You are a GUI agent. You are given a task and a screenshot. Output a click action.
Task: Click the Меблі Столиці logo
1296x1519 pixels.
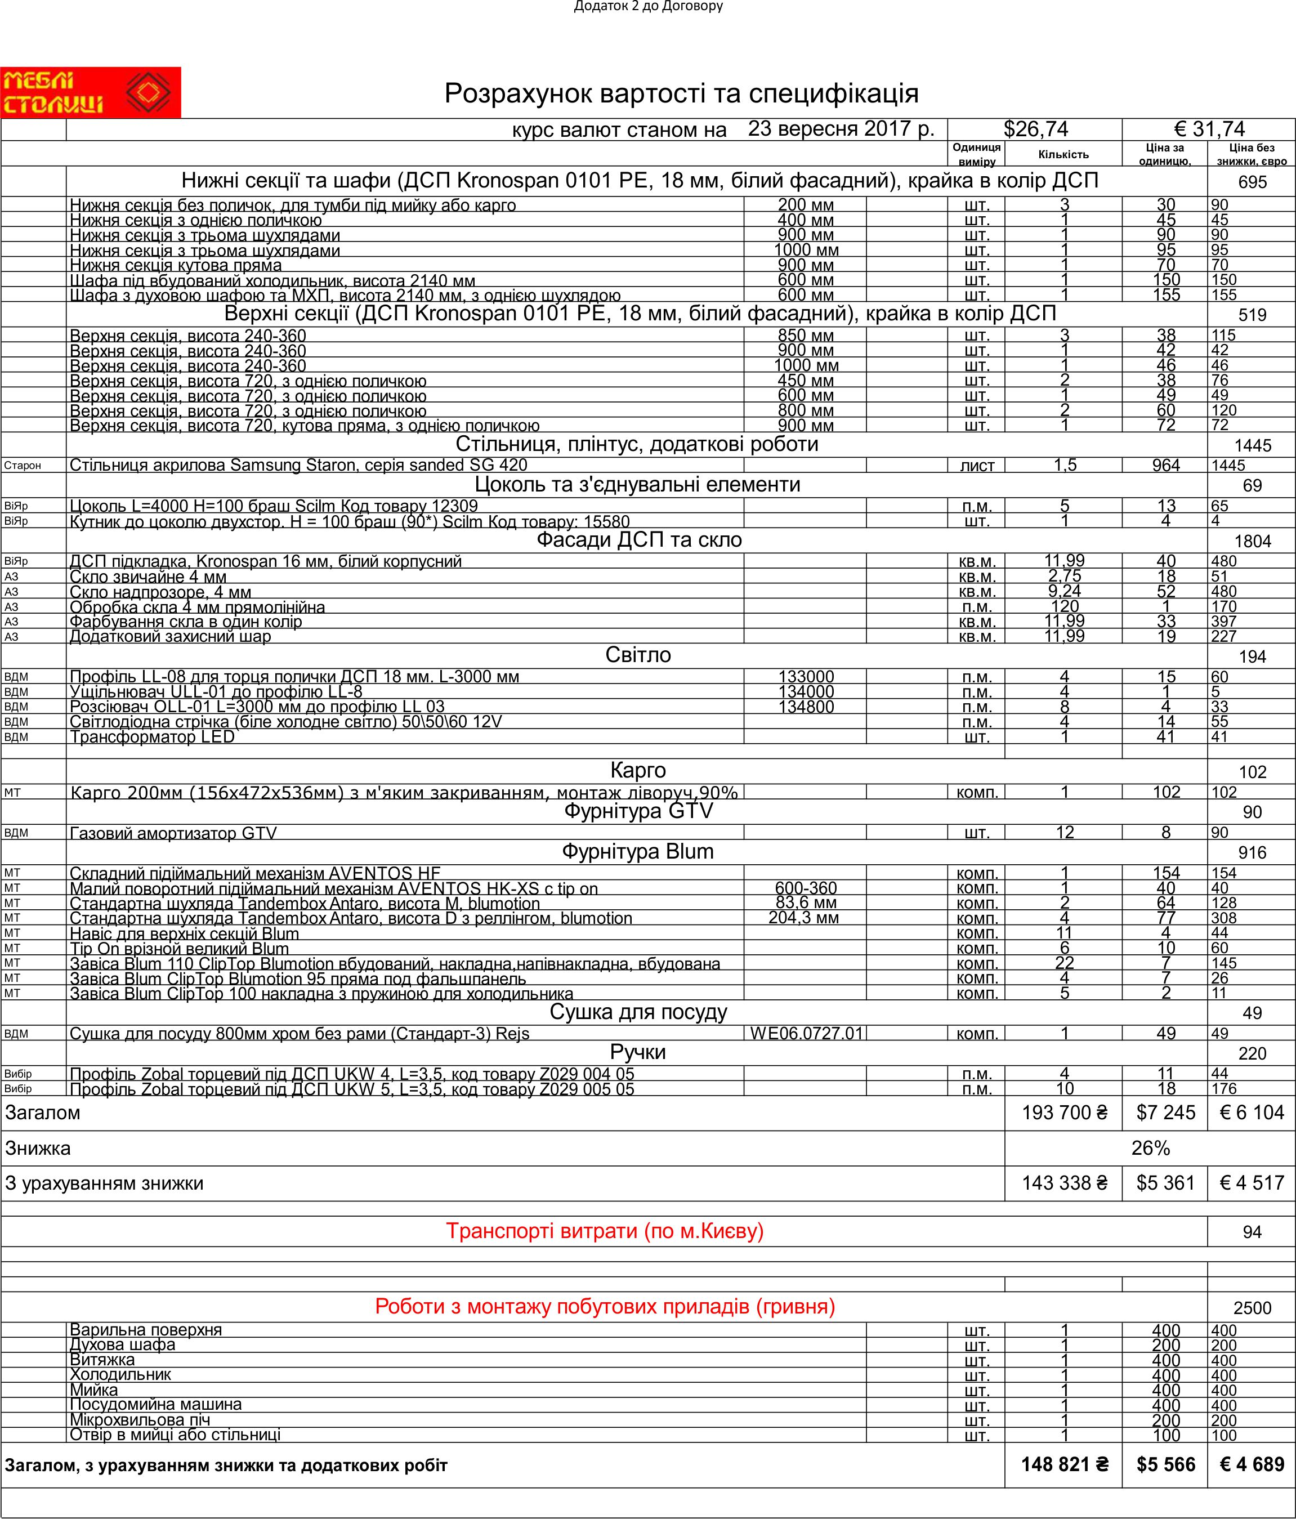coord(90,92)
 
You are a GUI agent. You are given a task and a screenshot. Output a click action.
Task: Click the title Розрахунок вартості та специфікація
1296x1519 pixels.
coord(681,94)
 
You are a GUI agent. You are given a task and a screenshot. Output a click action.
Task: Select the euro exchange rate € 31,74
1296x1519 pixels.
coord(1209,129)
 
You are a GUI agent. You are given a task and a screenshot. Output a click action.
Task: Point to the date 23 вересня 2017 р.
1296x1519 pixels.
coord(841,129)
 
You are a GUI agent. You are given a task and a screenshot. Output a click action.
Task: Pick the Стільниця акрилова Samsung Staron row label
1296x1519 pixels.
coord(298,466)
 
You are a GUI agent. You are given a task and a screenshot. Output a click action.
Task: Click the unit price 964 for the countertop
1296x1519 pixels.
coord(1165,466)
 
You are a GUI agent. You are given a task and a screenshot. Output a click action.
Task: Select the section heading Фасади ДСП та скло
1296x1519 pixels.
coord(638,540)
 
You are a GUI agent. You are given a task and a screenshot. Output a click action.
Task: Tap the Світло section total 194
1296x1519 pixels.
coord(1252,657)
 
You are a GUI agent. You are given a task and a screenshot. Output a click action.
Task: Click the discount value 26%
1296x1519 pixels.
coord(1150,1148)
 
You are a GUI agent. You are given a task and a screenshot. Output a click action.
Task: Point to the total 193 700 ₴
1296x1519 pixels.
coord(1065,1113)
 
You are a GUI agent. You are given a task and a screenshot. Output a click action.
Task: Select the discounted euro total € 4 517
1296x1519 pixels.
coord(1252,1183)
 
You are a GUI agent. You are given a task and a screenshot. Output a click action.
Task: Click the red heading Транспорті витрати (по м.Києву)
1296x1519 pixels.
coord(605,1231)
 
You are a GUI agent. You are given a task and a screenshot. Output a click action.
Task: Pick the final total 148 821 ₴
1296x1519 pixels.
coord(1065,1465)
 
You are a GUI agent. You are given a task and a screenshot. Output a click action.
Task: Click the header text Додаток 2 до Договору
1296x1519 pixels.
coord(648,7)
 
